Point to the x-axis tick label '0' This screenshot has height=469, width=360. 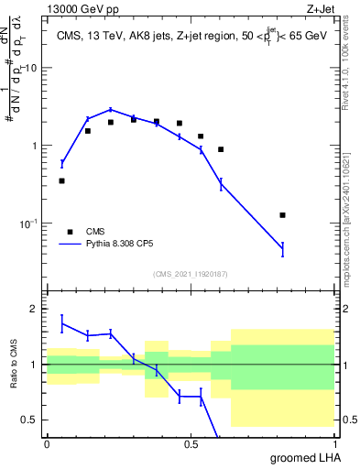[x=47, y=443]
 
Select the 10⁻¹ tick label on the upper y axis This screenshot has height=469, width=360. [x=27, y=224]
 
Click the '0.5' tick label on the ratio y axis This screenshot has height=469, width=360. [x=30, y=420]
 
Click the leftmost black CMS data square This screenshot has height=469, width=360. [x=61, y=181]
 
